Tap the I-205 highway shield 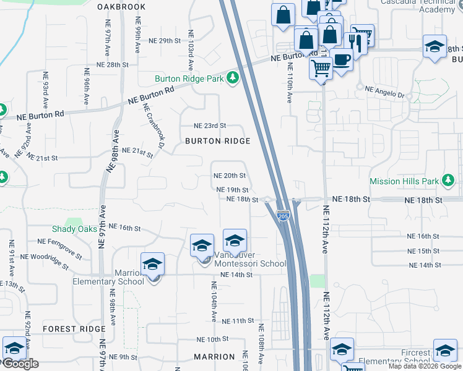point(283,216)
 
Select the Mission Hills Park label point(404,181)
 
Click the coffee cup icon point(341,61)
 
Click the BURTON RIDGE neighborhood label point(217,141)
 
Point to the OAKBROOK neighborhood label point(121,7)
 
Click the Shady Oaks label point(74,229)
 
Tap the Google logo point(20,364)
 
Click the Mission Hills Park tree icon point(449,181)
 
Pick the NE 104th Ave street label point(214,301)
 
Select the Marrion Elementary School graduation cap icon point(152,265)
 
